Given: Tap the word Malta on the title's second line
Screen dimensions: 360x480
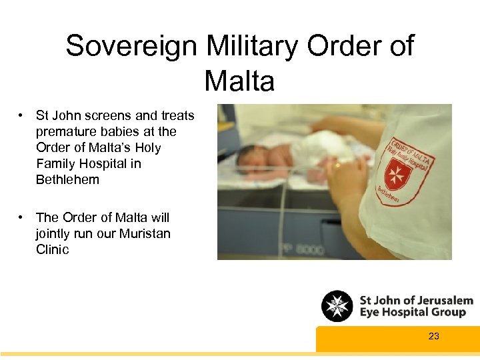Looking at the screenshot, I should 239,81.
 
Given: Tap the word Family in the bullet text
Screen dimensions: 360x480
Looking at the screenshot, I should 56,163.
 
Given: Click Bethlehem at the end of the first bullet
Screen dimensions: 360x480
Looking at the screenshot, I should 67,179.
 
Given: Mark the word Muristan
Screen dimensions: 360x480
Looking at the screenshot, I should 145,233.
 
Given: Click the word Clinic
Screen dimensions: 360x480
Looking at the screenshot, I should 52,249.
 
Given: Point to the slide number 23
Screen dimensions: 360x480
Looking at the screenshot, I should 434,336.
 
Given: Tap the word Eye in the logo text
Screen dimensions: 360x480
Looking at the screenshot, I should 371,313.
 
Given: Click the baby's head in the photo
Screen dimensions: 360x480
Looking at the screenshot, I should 248,155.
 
